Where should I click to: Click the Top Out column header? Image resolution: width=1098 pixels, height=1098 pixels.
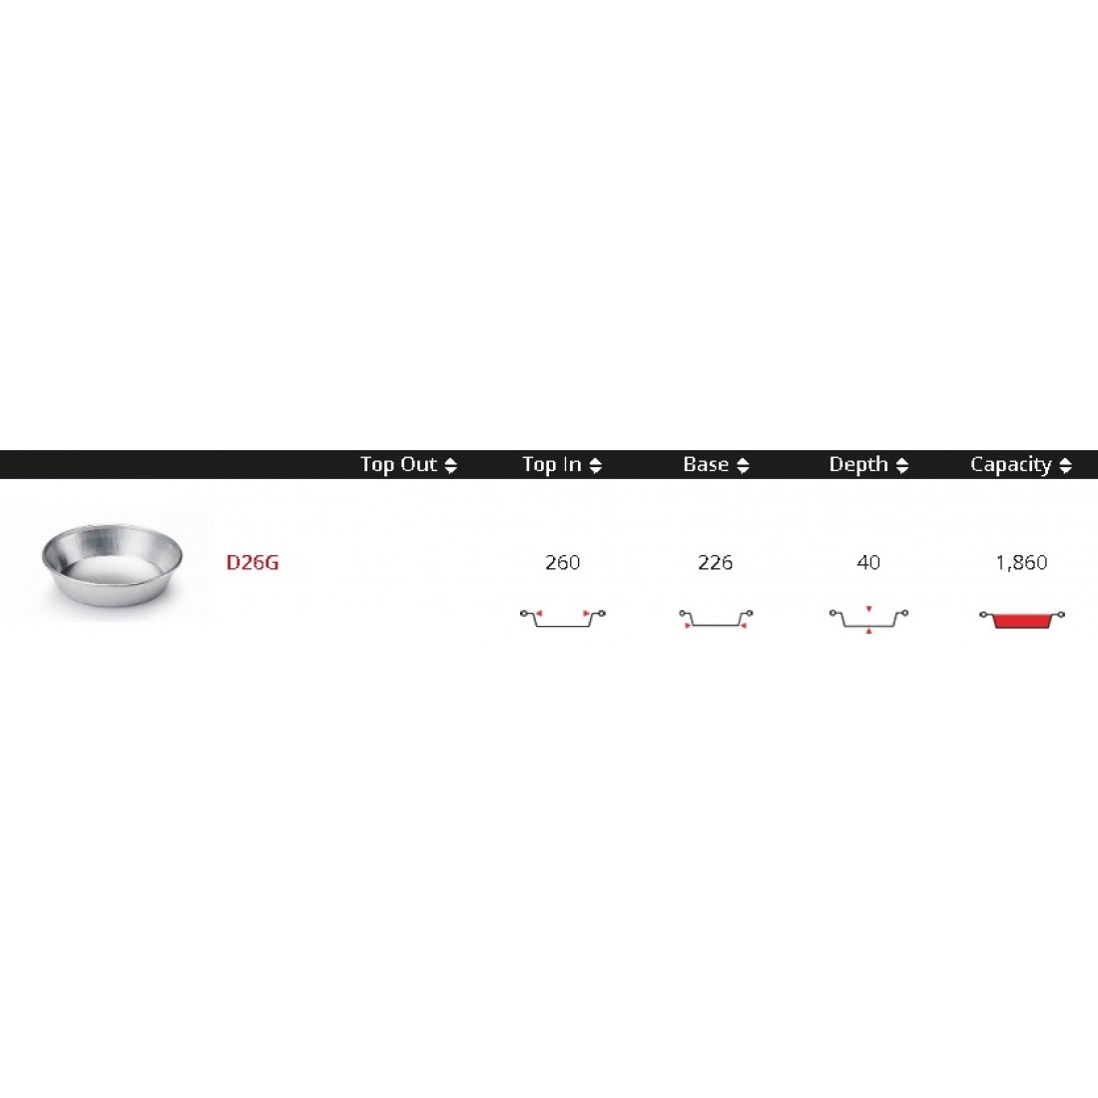398,464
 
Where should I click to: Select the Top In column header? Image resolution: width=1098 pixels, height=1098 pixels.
552,464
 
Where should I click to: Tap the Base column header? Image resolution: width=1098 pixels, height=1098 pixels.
706,464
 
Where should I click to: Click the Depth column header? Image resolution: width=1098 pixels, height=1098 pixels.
858,464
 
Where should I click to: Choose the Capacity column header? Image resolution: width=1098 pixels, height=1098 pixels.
1010,464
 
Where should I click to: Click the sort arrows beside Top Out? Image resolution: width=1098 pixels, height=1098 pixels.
451,466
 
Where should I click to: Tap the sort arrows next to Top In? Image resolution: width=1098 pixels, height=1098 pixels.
596,466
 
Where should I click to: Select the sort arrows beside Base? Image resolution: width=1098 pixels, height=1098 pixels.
743,466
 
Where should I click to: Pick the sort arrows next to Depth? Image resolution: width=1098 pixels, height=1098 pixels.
902,466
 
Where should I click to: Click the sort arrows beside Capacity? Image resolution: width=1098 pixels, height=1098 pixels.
1066,466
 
